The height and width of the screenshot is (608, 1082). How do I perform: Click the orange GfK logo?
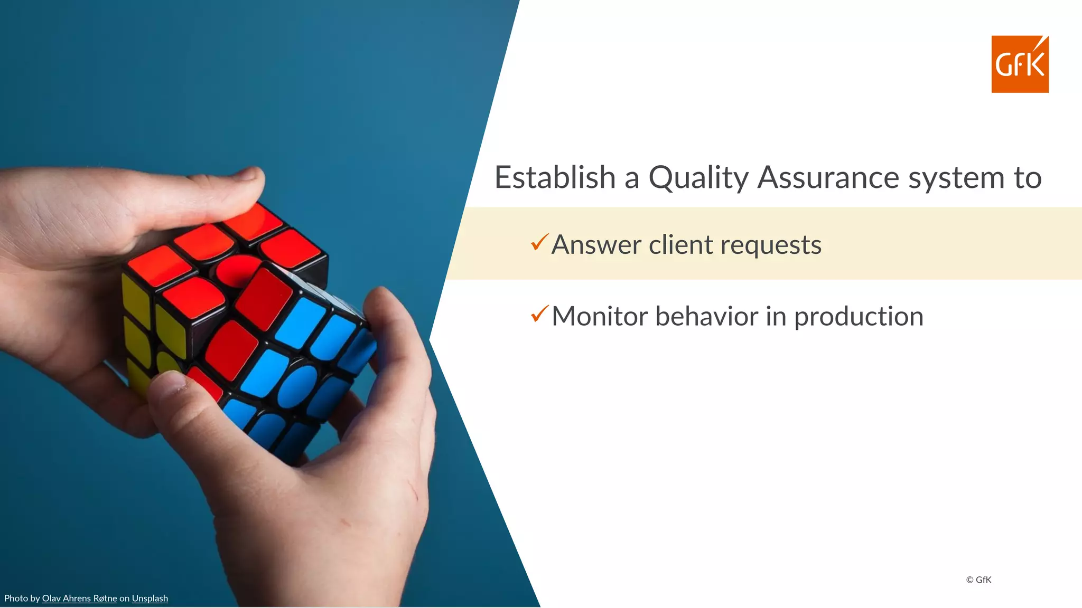pos(1020,64)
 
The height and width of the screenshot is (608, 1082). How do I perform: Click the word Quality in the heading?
pos(698,178)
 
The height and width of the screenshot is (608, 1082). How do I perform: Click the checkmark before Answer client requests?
pos(539,242)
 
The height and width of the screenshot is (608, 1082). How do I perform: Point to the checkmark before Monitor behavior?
pos(539,314)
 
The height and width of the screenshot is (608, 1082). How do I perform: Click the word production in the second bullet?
pos(859,317)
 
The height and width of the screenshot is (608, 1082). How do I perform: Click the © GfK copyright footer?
pos(978,579)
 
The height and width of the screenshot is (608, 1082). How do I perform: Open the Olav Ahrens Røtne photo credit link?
pos(79,598)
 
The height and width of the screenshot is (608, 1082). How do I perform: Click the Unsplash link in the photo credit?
pos(150,598)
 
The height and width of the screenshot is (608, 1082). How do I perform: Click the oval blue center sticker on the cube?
pos(297,387)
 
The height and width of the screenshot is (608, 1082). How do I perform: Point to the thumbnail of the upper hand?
pos(248,174)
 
